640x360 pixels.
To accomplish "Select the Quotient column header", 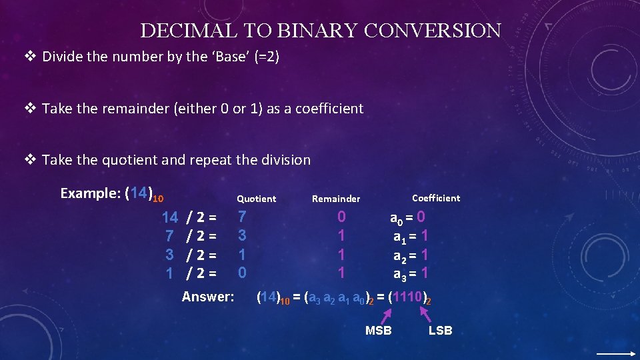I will coord(256,199).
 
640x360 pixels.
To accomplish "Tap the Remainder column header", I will coord(336,199).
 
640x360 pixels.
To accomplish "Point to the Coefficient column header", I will coord(436,198).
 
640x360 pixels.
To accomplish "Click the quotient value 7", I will coord(243,217).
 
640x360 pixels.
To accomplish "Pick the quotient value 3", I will coord(243,235).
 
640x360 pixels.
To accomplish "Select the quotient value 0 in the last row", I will coord(243,273).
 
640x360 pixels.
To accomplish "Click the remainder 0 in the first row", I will coord(341,217).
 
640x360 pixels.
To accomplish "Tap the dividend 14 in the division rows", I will coord(170,217).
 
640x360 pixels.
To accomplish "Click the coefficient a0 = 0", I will coord(407,217).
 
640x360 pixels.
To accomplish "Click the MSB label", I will coord(378,331).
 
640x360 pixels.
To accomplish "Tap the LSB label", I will coord(440,331).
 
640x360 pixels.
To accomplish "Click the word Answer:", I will coord(208,297).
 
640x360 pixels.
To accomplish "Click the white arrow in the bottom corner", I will coord(616,354).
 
